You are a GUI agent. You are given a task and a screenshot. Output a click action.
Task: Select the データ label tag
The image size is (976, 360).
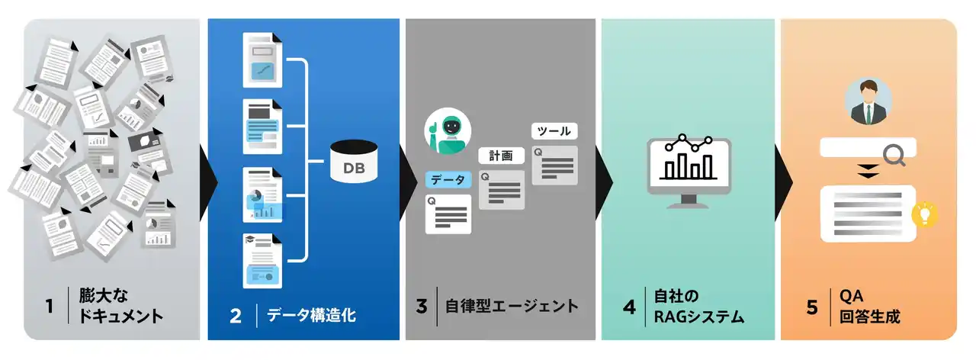tap(448, 179)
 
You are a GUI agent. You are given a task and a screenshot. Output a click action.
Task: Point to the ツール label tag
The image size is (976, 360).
tap(554, 131)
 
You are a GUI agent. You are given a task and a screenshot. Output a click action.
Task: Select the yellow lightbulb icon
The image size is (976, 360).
tap(926, 214)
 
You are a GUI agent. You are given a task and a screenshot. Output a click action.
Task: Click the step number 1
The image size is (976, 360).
tap(50, 307)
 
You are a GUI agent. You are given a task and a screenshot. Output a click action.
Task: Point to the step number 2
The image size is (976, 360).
tap(236, 315)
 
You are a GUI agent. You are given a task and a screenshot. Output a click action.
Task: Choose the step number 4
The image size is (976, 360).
tap(629, 307)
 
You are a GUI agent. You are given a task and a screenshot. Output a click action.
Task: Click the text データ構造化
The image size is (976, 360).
tap(311, 315)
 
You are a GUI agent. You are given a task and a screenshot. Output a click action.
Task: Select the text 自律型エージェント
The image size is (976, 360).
tap(512, 307)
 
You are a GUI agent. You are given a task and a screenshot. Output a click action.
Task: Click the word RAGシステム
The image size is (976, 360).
tap(699, 316)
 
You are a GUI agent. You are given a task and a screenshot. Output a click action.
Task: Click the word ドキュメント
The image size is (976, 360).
tap(121, 316)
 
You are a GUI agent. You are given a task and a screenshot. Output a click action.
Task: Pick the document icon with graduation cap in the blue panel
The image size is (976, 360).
tap(262, 260)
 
